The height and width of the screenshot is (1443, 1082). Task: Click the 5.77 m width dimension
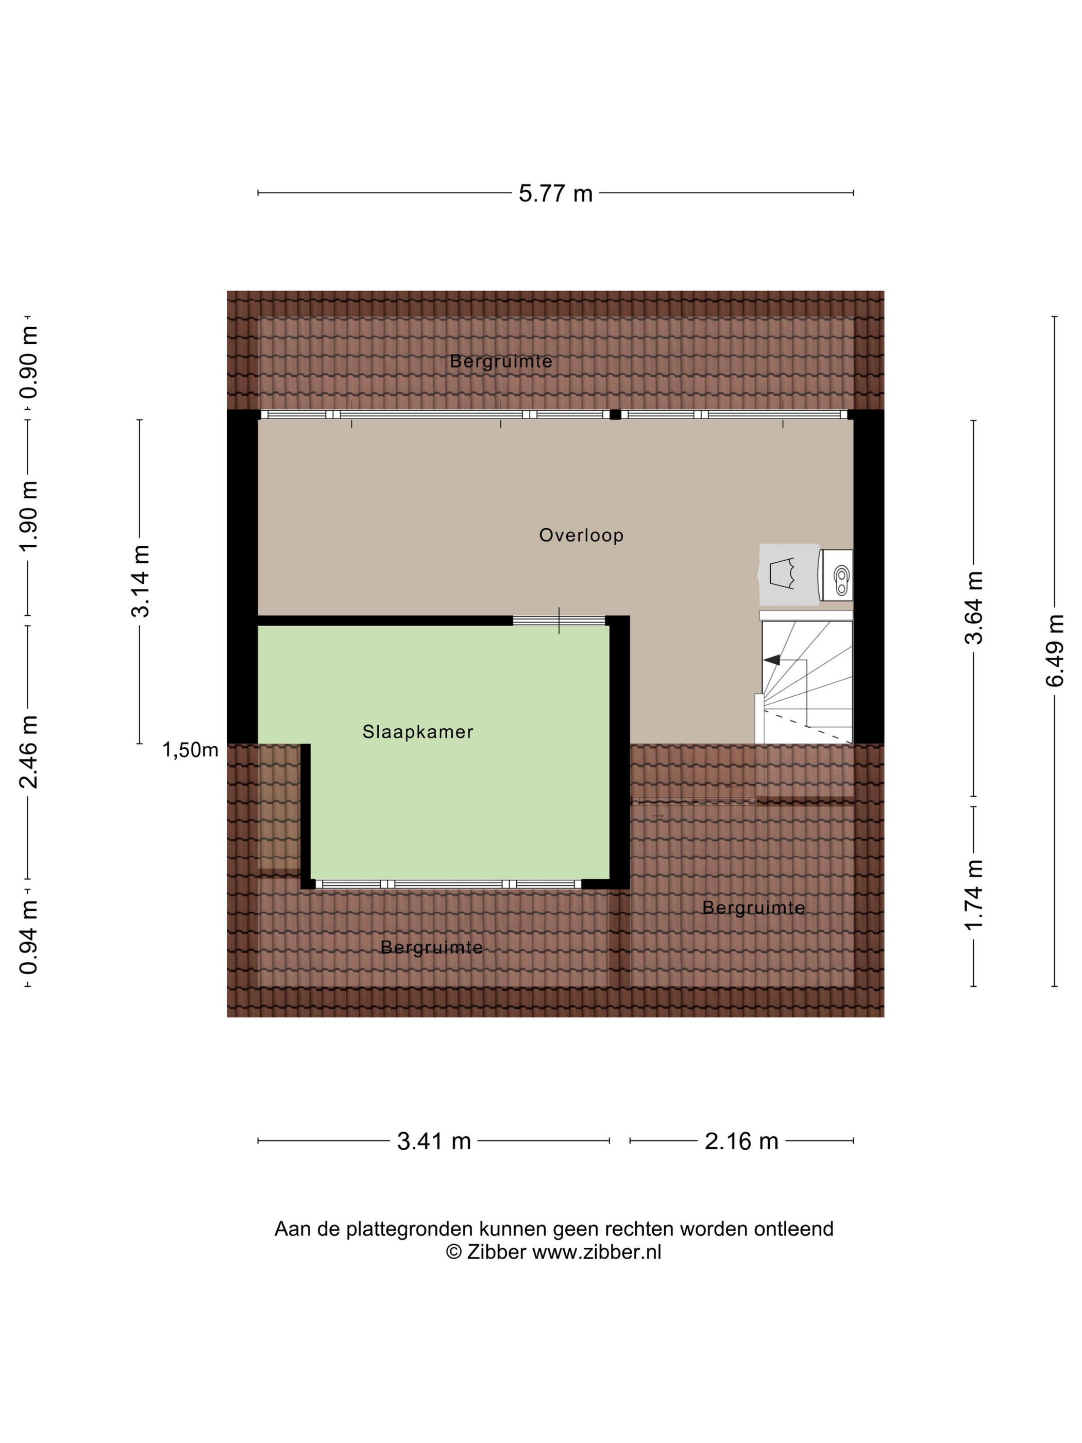point(555,194)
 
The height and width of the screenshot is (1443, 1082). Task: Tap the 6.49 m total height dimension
point(1055,650)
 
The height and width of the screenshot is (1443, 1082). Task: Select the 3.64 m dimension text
point(974,607)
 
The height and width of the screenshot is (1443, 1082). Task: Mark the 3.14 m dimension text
point(140,581)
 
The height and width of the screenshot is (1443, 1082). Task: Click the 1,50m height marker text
point(190,750)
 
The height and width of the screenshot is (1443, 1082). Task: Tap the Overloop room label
point(581,535)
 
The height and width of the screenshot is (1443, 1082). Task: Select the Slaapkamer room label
point(417,732)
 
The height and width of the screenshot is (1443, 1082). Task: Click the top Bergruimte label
point(501,361)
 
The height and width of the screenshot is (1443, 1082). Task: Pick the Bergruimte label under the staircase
point(753,908)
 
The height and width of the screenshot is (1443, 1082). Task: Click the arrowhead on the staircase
point(772,660)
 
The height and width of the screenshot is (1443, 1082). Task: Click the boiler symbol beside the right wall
point(836,575)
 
